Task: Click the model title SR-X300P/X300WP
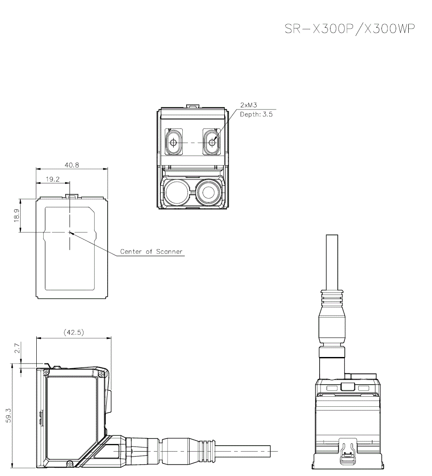[x=349, y=29]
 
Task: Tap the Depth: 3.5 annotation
[x=256, y=115]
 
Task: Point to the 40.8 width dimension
[x=72, y=165]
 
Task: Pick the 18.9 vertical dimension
[x=17, y=215]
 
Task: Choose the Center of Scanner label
[x=151, y=251]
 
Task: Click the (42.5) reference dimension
[x=74, y=332]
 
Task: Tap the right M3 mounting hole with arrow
[x=212, y=142]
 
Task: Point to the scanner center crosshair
[x=70, y=232]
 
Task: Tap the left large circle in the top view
[x=175, y=191]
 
